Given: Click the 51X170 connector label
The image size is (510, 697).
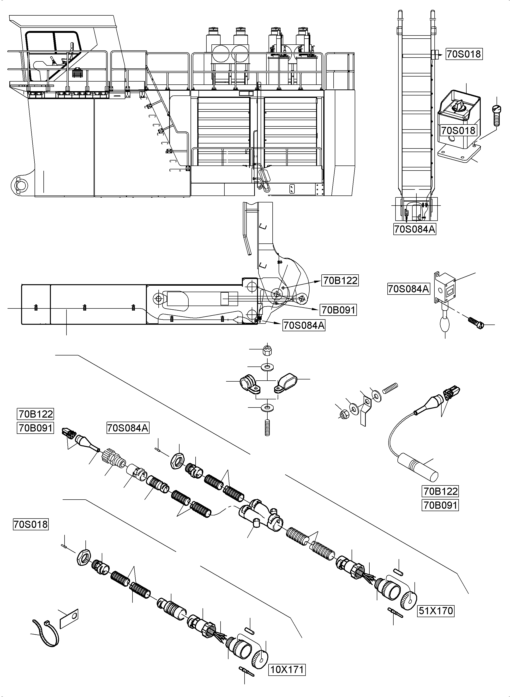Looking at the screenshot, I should pos(436,611).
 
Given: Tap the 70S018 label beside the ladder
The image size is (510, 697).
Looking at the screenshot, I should pos(464,54).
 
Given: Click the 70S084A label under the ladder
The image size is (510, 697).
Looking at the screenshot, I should pos(415,229).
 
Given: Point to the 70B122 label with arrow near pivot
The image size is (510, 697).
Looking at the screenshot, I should pos(340,280).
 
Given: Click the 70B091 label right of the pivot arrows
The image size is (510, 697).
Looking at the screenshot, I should pos(339,310).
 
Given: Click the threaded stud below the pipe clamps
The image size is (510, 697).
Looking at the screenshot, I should pos(267,427).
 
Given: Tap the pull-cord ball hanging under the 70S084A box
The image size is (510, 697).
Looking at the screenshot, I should pos(445,324).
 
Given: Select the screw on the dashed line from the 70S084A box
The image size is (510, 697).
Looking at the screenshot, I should pos(476,323).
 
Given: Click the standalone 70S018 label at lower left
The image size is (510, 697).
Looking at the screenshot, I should pos(30,524).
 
